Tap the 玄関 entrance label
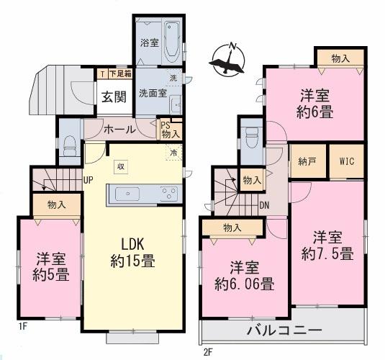click(114, 96)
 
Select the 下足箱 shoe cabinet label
click(120, 73)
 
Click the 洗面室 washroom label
click(153, 94)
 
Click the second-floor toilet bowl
click(252, 137)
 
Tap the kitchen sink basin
click(127, 194)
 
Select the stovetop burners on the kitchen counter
click(169, 193)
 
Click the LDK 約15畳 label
click(132, 252)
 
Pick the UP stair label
click(88, 180)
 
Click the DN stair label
click(264, 205)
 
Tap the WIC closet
click(346, 161)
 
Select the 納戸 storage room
click(308, 161)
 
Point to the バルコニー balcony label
click(284, 330)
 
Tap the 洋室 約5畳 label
click(51, 267)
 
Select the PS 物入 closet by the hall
click(170, 130)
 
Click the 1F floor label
click(22, 326)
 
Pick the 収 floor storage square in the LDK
click(121, 167)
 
